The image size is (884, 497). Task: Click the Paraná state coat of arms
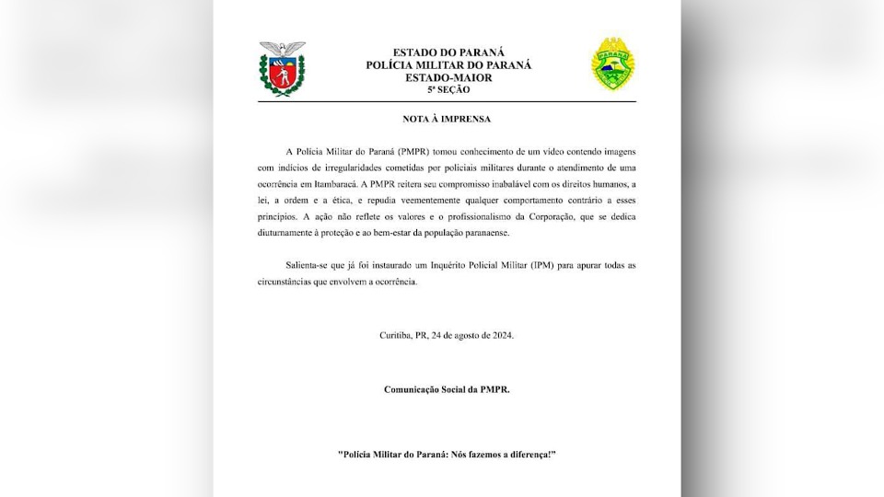point(282,69)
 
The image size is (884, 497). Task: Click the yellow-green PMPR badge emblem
point(612,64)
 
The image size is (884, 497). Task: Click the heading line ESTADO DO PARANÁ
point(448,52)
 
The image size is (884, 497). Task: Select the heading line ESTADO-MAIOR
point(448,77)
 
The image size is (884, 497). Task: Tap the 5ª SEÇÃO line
point(448,89)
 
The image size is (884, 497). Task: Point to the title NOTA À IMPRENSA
point(447,119)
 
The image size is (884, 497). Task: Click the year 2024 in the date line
point(502,335)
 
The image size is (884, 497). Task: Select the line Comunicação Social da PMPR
point(447,389)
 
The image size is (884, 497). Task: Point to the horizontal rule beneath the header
point(447,101)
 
